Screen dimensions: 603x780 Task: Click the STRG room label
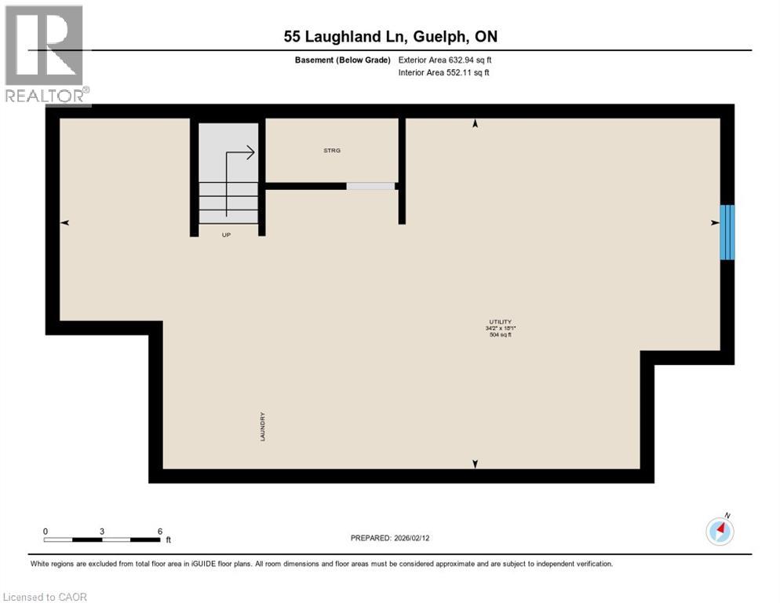333,150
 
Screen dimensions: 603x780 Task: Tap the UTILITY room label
501,322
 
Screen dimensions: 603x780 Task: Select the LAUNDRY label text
264,427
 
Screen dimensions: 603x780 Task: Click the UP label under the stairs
227,234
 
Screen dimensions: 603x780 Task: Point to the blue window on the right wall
727,232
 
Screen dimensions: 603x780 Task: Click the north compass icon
720,531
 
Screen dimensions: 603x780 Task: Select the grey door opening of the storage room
370,186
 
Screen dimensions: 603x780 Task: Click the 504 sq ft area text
501,335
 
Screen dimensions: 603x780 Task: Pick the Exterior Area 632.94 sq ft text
446,60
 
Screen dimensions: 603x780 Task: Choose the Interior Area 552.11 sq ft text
444,73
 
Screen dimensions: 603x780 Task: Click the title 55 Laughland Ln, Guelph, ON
391,37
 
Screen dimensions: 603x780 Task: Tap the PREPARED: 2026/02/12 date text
391,538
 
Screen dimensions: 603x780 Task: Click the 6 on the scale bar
160,531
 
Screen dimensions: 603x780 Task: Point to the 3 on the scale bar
102,531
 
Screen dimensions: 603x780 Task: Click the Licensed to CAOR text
45,597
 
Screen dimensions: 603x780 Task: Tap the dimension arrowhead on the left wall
65,223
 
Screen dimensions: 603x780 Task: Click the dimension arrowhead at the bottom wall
474,464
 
